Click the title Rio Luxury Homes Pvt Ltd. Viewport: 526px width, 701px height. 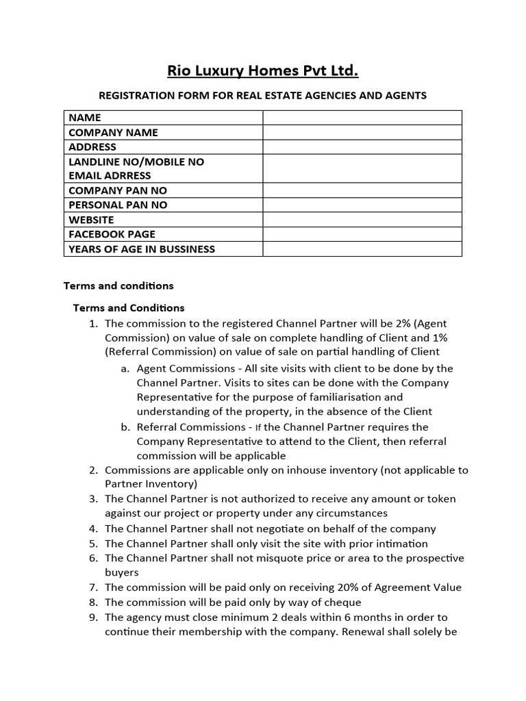263,71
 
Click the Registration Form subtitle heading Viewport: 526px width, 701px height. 263,95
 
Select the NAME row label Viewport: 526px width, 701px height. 85,118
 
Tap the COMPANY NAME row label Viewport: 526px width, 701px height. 113,132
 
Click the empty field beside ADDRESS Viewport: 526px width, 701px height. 362,146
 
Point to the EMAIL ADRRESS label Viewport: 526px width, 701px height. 110,175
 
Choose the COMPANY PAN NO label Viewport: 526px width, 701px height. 117,190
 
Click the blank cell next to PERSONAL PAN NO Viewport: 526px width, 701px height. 362,205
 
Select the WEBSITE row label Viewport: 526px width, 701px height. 91,220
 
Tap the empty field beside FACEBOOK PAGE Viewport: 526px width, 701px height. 362,234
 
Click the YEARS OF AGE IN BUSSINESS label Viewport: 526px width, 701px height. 142,249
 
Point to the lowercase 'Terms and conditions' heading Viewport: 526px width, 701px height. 118,285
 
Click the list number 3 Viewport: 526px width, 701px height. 93,499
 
